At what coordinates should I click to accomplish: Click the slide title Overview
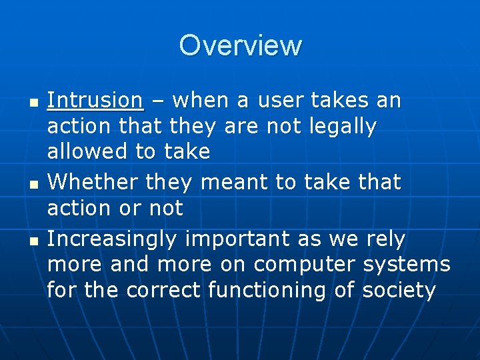point(240,45)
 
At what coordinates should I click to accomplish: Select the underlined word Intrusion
point(95,101)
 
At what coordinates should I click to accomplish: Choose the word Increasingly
point(112,239)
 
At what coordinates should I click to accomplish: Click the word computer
point(305,265)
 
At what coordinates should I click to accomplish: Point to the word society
point(399,291)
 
